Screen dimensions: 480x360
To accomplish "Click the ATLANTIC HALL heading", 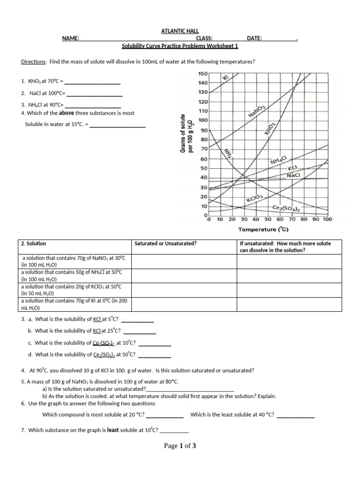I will (x=180, y=31).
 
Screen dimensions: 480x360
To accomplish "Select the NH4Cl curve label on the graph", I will (x=281, y=161).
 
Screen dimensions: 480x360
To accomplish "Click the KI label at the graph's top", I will (x=225, y=77).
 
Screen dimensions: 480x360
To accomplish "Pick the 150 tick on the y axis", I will (x=202, y=74).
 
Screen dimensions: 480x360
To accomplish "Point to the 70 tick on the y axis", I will (x=204, y=149).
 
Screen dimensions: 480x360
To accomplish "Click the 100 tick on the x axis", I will (x=327, y=219).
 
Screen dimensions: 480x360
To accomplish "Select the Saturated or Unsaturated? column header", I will (x=165, y=244).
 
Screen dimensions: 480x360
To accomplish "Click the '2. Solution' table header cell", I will (x=34, y=244).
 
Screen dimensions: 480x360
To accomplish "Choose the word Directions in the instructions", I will (x=34, y=62).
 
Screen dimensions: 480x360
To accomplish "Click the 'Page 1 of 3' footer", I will (x=180, y=446).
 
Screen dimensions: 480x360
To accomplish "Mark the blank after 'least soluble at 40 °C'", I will (x=296, y=415).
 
